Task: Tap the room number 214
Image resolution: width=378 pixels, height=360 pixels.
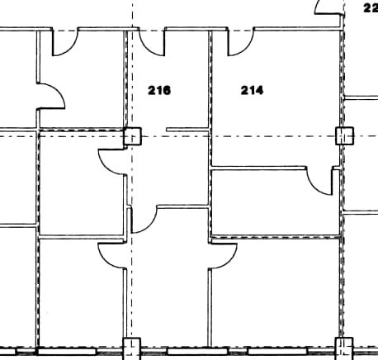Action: coord(252,90)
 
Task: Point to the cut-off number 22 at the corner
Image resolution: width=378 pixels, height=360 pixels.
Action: coord(370,7)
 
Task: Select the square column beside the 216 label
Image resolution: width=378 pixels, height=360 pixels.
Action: coord(132,136)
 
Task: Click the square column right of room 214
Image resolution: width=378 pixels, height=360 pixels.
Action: coord(344,135)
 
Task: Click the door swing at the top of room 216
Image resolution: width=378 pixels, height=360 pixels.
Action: coord(151,42)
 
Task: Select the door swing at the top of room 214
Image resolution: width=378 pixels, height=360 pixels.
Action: coord(239,44)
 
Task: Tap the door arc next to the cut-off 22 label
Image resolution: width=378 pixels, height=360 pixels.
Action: coord(328,7)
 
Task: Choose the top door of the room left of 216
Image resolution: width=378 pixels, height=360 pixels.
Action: coord(64,43)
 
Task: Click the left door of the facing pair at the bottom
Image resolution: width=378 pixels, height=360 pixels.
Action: coord(111,255)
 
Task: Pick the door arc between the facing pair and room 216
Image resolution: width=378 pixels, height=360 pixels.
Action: coord(144,220)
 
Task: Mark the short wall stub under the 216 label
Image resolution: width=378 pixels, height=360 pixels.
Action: coord(187,129)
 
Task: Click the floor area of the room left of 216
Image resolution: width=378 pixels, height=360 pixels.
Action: coord(83,83)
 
